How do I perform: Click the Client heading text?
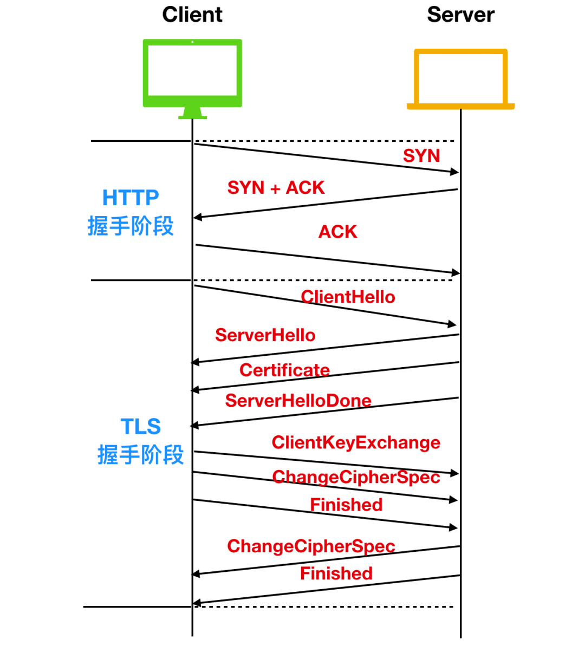192,15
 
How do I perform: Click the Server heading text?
460,15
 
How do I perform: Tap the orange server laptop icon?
460,79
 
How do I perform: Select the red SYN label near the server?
421,156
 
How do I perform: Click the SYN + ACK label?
276,188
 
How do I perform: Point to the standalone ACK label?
337,232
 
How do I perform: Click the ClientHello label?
348,297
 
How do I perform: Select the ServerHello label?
265,335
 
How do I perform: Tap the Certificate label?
284,370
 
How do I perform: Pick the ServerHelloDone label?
298,401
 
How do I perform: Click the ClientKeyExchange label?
356,442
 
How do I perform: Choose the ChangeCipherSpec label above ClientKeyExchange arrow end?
356,477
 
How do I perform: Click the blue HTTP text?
131,198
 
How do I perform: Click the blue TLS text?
141,427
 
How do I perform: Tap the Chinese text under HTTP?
131,226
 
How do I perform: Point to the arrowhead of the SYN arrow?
455,172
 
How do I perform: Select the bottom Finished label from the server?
336,573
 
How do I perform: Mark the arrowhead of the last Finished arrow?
197,603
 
